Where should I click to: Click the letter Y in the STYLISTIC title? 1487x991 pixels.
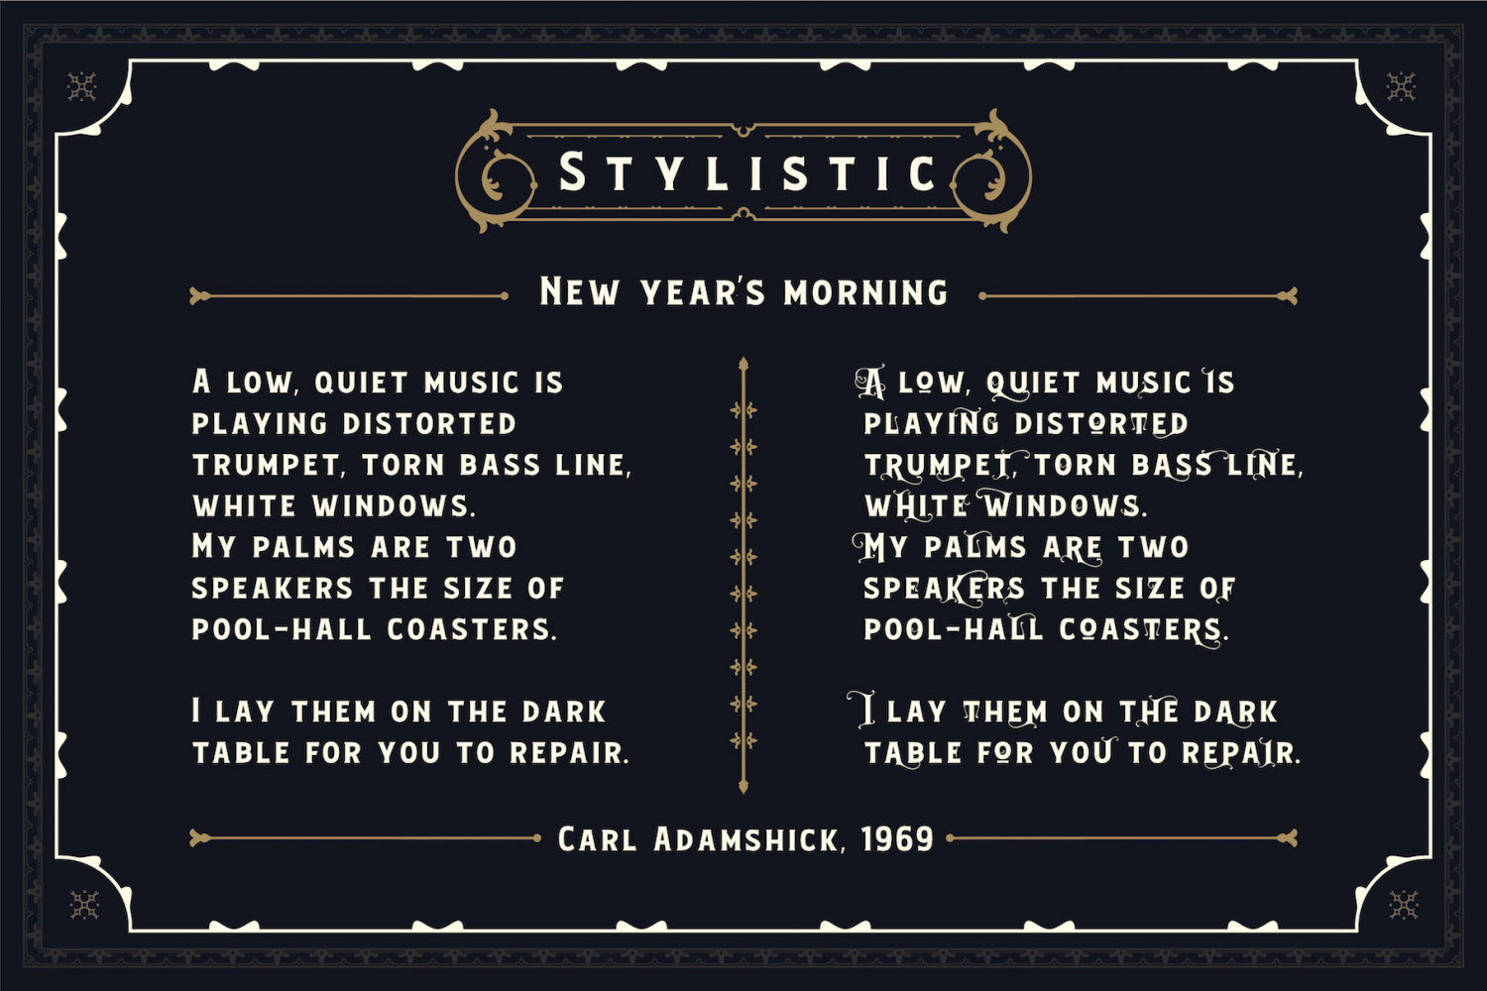(670, 173)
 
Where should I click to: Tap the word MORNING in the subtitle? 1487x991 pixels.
(865, 292)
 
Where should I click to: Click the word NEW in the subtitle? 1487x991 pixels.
(580, 291)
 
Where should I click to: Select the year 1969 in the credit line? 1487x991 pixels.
(897, 839)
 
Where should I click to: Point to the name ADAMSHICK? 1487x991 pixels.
(746, 839)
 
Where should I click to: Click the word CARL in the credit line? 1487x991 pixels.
(597, 839)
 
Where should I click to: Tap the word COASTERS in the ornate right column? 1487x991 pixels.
(1139, 630)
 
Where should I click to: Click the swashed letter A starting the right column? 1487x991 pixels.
(870, 383)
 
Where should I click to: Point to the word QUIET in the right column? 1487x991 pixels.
(1033, 384)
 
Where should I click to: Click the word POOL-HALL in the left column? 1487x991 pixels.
(281, 630)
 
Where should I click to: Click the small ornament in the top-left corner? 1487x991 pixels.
(81, 87)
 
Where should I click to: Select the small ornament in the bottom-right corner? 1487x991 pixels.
(1404, 905)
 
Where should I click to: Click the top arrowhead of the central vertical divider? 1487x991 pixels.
(743, 363)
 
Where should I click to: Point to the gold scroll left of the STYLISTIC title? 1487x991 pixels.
(496, 171)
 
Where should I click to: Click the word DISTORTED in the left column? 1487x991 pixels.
(429, 424)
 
